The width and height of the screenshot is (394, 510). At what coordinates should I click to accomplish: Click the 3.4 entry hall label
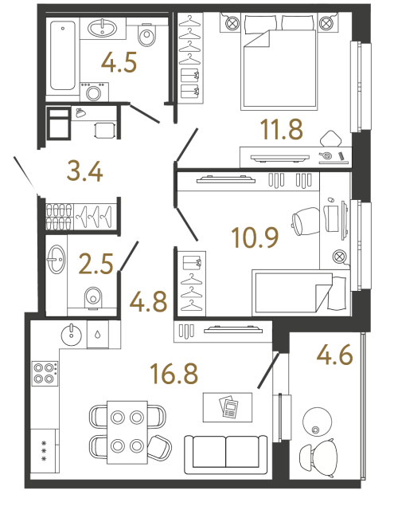[x=85, y=171]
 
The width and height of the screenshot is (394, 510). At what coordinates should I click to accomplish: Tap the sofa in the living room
[x=226, y=452]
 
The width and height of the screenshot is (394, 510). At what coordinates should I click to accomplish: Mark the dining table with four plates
[x=127, y=430]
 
